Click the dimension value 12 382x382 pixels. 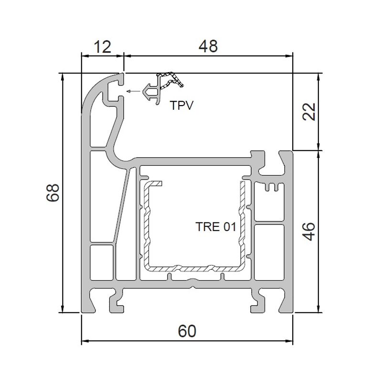[x=103, y=47]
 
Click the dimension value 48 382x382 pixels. [x=208, y=46]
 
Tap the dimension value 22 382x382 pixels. [x=308, y=112]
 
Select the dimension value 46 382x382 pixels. [x=308, y=231]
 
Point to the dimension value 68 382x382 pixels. [x=53, y=192]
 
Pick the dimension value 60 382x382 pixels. [x=187, y=331]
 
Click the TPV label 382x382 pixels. [x=182, y=106]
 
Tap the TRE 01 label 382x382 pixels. [x=216, y=227]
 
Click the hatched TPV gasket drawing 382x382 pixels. [x=162, y=88]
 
